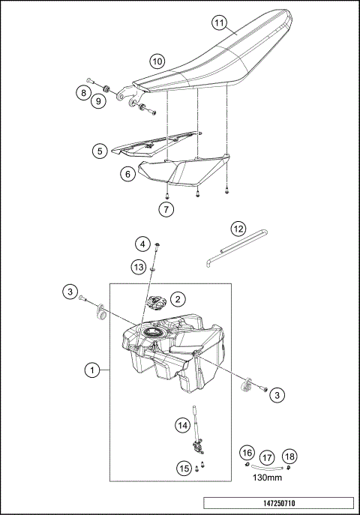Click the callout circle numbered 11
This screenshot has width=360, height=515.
[218, 23]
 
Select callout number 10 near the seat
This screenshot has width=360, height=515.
[157, 61]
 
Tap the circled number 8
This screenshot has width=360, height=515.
[82, 92]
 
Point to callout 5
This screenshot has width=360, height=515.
[100, 151]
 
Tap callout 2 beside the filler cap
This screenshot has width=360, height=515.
[178, 299]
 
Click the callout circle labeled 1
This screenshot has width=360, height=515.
[91, 370]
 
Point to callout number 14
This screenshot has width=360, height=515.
[182, 425]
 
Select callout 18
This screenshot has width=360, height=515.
[290, 455]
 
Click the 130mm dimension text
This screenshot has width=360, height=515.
[267, 476]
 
